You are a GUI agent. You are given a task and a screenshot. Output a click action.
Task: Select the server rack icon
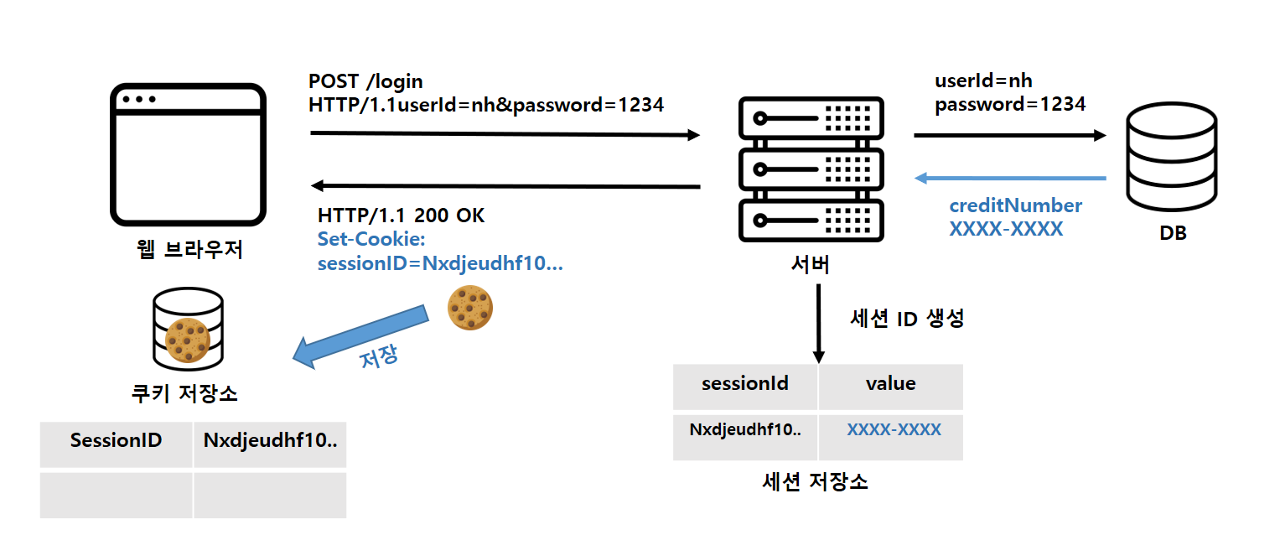pyautogui.click(x=811, y=169)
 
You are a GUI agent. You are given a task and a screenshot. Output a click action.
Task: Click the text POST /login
pyautogui.click(x=365, y=81)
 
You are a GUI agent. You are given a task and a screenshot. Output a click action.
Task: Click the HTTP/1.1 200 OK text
pyautogui.click(x=401, y=216)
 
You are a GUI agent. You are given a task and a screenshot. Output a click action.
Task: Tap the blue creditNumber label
pyautogui.click(x=1015, y=205)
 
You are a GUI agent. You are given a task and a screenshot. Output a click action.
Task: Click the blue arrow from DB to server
pyautogui.click(x=1010, y=178)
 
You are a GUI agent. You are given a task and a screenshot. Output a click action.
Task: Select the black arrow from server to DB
pyautogui.click(x=1010, y=134)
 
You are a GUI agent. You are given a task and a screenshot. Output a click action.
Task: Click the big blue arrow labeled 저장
pyautogui.click(x=360, y=339)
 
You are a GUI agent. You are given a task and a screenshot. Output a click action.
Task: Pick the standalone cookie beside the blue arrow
pyautogui.click(x=469, y=307)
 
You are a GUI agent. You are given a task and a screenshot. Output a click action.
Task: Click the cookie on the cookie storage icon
pyautogui.click(x=187, y=340)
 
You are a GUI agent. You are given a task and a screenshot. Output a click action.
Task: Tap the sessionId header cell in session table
pyautogui.click(x=745, y=384)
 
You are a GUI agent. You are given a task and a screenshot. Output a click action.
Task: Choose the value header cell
pyautogui.click(x=890, y=384)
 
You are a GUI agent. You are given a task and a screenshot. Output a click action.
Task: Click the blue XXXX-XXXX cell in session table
pyautogui.click(x=894, y=430)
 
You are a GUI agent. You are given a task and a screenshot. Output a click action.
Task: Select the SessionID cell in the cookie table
pyautogui.click(x=117, y=441)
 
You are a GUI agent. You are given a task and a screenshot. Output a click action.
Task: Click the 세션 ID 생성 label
pyautogui.click(x=906, y=319)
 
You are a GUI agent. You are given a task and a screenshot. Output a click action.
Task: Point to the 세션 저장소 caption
pyautogui.click(x=815, y=481)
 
